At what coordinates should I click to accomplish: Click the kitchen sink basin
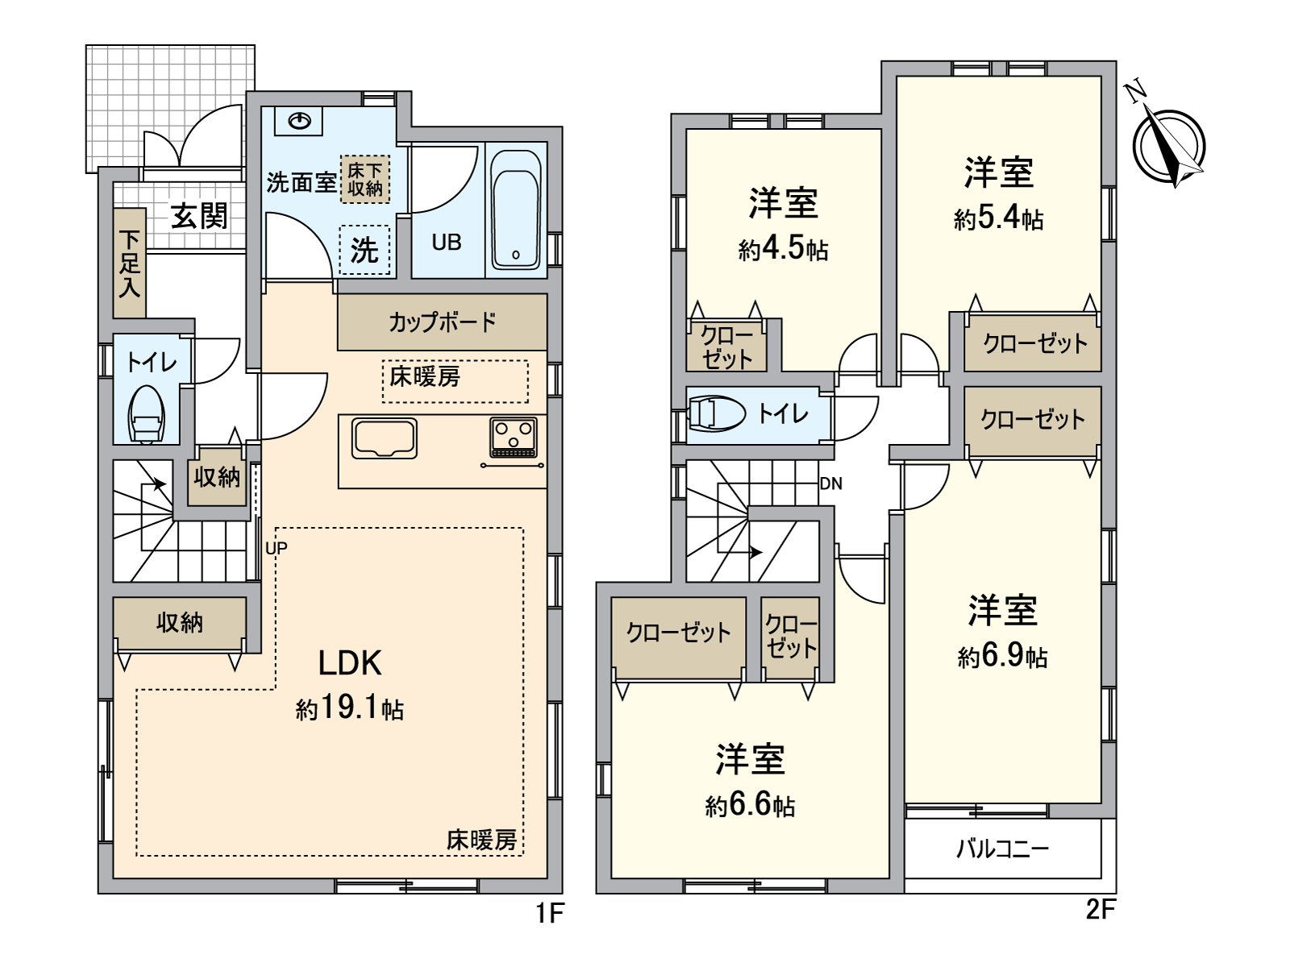[384, 440]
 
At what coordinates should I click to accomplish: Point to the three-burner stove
[513, 438]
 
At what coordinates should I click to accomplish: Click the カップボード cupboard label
[442, 322]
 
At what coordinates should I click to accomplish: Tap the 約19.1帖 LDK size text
[349, 709]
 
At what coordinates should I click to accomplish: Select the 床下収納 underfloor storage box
[364, 179]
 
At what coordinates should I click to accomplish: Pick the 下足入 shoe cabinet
[129, 264]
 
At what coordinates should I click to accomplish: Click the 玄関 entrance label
[199, 216]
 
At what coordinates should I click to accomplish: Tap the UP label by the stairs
[277, 548]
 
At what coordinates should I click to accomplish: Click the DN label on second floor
[830, 483]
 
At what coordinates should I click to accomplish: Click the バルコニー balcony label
[1002, 849]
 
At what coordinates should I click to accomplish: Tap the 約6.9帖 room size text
[1002, 658]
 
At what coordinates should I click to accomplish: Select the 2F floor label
[1100, 910]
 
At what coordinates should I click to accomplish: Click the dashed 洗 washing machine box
[364, 251]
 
